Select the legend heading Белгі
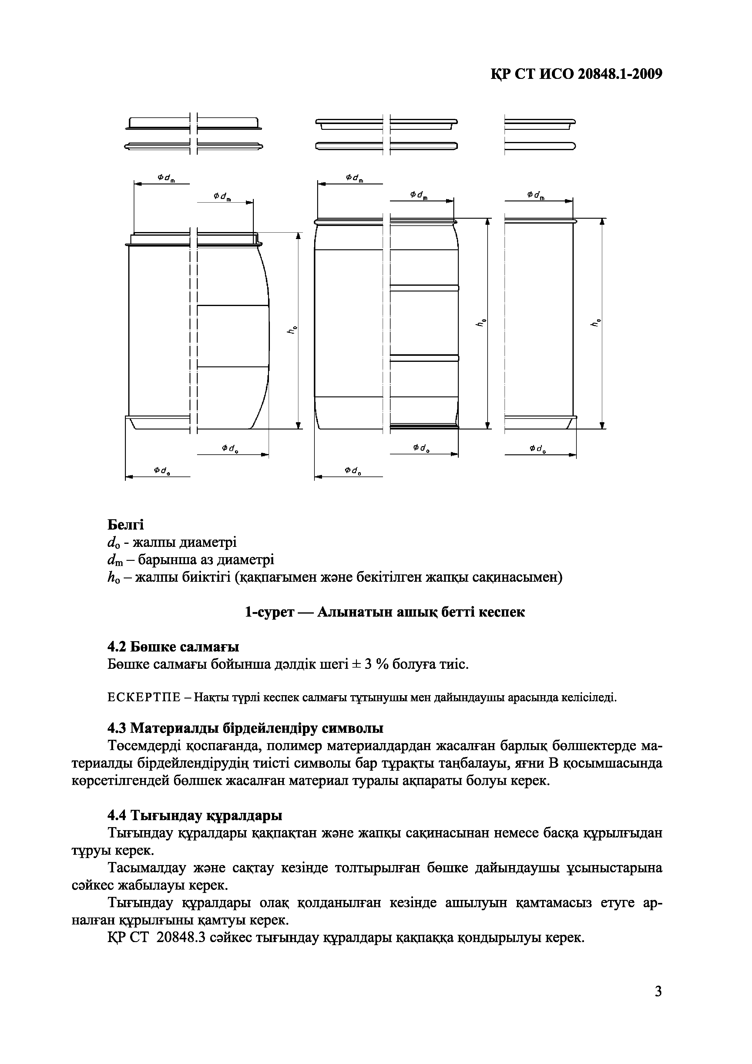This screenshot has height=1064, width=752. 126,525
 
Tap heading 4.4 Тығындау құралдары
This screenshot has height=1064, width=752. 195,815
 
